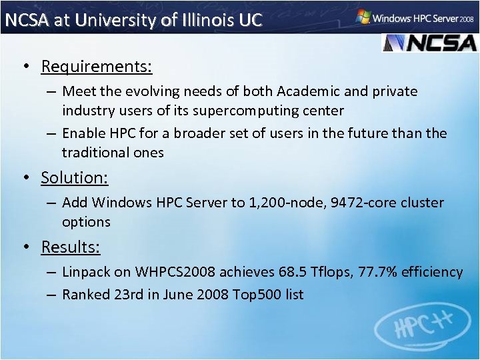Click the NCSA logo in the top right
pos(429,42)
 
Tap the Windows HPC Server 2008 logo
pos(415,17)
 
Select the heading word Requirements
pos(97,67)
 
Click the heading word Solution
pos(74,178)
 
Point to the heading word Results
pos(71,247)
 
